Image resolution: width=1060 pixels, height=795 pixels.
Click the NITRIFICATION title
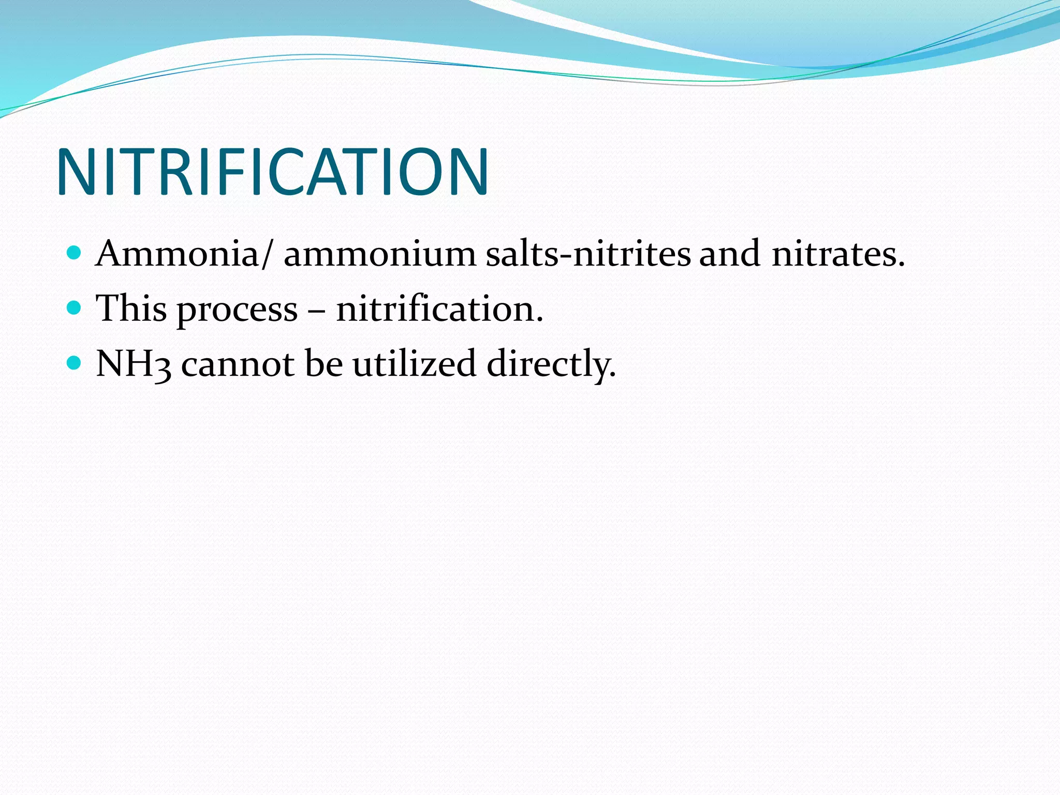point(272,172)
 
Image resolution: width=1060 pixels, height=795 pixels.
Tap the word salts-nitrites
point(588,254)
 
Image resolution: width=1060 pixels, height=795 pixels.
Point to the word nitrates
point(838,254)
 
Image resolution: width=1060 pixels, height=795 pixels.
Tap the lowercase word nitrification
point(439,308)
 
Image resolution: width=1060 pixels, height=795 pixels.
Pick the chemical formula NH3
point(134,363)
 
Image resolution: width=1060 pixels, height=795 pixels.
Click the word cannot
point(238,363)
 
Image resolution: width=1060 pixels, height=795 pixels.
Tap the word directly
point(551,364)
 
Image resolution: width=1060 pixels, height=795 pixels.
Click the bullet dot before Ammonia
point(75,253)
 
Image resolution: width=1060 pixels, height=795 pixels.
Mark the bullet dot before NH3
point(75,363)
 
